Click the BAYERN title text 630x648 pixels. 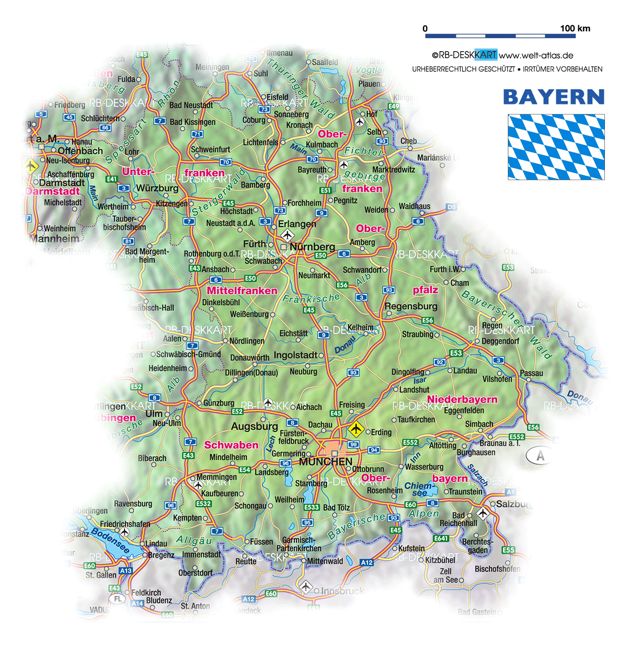tap(554, 97)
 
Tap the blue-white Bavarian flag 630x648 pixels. tap(556, 147)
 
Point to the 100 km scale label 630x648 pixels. tap(575, 28)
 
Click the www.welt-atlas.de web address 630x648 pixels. tap(536, 55)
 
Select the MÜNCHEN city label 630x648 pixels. tap(325, 462)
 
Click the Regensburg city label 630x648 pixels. tap(411, 306)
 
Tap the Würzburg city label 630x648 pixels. tap(157, 188)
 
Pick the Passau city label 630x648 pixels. tap(531, 373)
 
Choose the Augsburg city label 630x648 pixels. tap(254, 426)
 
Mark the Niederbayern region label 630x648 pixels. tap(462, 400)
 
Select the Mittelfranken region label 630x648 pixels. tap(242, 291)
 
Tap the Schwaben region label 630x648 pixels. tap(231, 445)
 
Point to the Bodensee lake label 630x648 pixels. tap(110, 541)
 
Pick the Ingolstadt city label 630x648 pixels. tap(295, 355)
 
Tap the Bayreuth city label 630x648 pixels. tap(312, 170)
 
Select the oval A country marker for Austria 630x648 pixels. tap(540, 456)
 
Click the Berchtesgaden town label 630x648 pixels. tap(477, 546)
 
